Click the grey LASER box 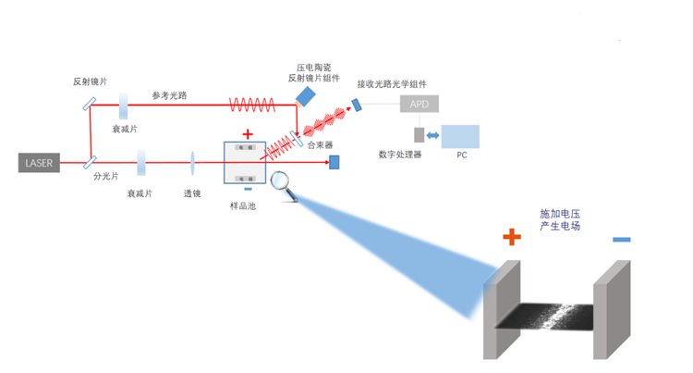[40, 163]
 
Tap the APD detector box [419, 104]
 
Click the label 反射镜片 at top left [90, 82]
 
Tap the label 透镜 [192, 193]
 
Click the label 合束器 [319, 145]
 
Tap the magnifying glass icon [282, 184]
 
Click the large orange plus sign [513, 238]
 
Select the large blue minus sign [621, 240]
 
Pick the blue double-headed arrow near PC [432, 136]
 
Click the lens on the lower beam [192, 164]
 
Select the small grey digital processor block [418, 135]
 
